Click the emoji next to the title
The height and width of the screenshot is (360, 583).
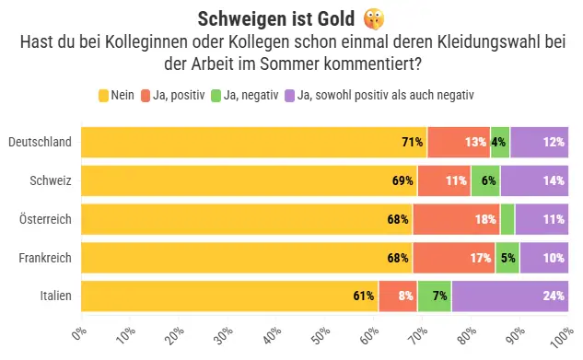[374, 19]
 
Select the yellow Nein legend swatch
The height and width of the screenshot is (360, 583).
[103, 96]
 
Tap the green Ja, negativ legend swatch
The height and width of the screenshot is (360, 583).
[216, 96]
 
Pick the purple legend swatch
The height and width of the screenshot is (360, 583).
[289, 96]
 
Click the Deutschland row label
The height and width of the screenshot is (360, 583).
[40, 142]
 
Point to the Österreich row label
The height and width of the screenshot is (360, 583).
[45, 219]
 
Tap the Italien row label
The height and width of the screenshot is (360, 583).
[56, 296]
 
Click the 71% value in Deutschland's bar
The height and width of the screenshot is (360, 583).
[413, 142]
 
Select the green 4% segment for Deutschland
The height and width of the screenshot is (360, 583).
[500, 143]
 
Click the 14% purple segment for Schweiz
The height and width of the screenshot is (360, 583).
[534, 180]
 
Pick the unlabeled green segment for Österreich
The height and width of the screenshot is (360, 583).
[507, 219]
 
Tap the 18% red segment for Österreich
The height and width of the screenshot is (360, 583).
[456, 219]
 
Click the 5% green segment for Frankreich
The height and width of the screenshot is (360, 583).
[507, 258]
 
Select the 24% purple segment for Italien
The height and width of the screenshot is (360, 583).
[510, 296]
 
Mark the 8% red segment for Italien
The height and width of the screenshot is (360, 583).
[398, 296]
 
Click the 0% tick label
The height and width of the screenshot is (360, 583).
[79, 334]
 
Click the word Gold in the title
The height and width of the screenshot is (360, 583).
[336, 19]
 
